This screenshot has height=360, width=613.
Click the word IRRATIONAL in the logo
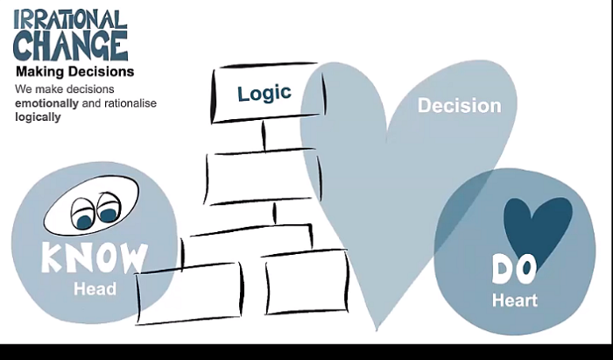(70, 18)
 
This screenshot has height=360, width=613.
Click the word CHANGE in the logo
(70, 45)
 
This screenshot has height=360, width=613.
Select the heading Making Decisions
(74, 72)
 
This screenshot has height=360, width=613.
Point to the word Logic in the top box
(264, 94)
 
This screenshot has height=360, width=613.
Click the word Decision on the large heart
(459, 106)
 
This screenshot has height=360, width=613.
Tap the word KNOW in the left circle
(95, 258)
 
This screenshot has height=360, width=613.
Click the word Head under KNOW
(95, 288)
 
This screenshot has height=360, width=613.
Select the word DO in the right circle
(513, 270)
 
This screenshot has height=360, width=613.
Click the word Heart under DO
(515, 300)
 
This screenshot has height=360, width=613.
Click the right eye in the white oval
(109, 211)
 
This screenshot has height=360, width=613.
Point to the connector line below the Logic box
(263, 136)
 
